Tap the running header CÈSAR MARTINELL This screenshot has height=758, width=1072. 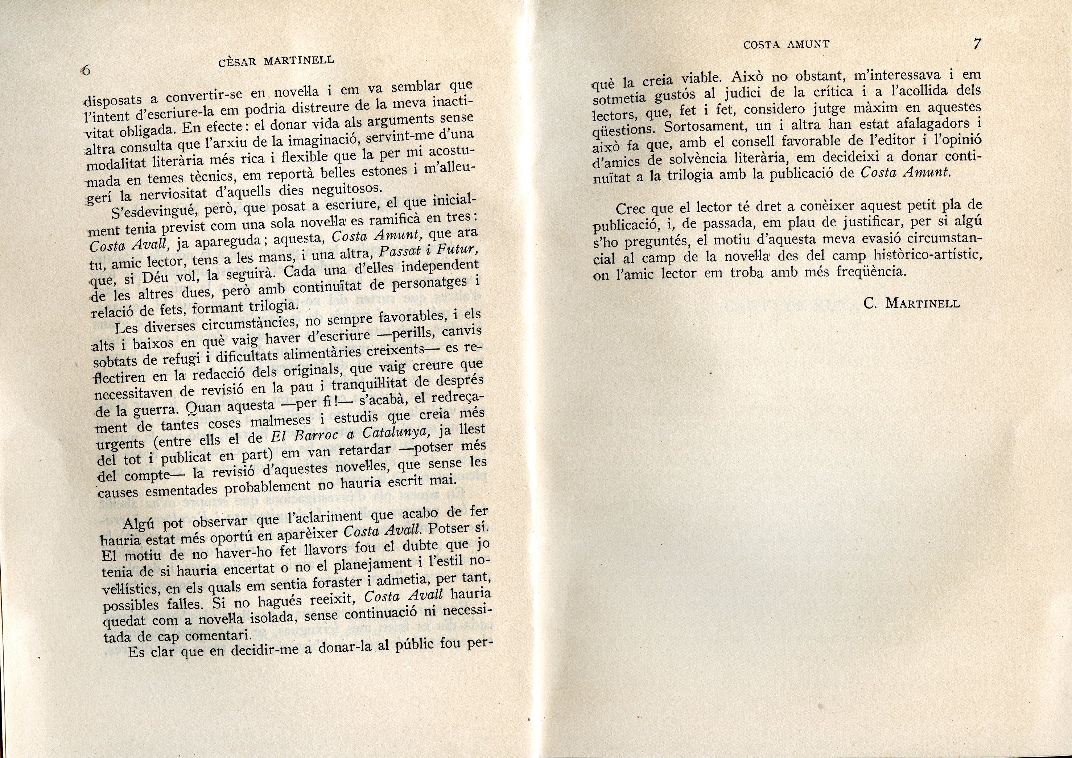[276, 61]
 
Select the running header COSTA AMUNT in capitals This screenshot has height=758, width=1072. [786, 45]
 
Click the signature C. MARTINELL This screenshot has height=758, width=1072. [912, 304]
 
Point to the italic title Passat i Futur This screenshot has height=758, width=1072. [429, 253]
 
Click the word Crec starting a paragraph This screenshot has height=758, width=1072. [633, 208]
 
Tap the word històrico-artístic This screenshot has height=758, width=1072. [926, 255]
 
